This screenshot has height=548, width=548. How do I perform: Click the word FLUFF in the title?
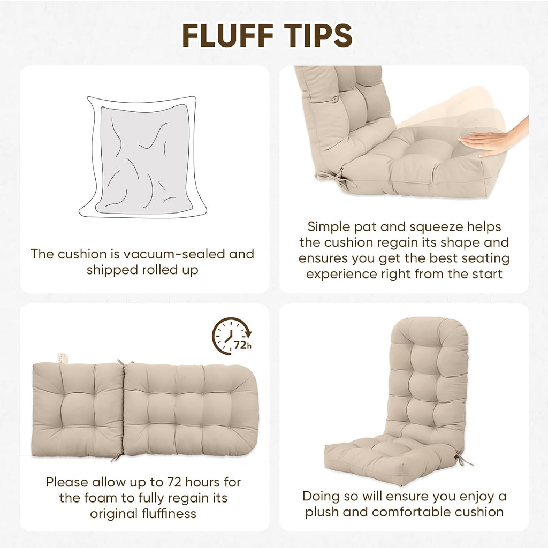(x=227, y=35)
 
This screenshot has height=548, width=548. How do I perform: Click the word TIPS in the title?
(x=318, y=35)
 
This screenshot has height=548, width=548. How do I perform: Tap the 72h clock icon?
(x=231, y=336)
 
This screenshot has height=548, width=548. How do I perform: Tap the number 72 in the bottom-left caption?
(x=174, y=482)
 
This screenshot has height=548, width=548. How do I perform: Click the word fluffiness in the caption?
(x=169, y=513)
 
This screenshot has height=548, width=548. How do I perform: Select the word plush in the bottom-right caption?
(x=322, y=512)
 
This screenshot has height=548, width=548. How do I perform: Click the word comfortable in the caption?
(x=407, y=512)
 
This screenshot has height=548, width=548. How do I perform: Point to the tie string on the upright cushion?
(x=463, y=459)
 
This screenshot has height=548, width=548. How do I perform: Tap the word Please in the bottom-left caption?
(x=67, y=482)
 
